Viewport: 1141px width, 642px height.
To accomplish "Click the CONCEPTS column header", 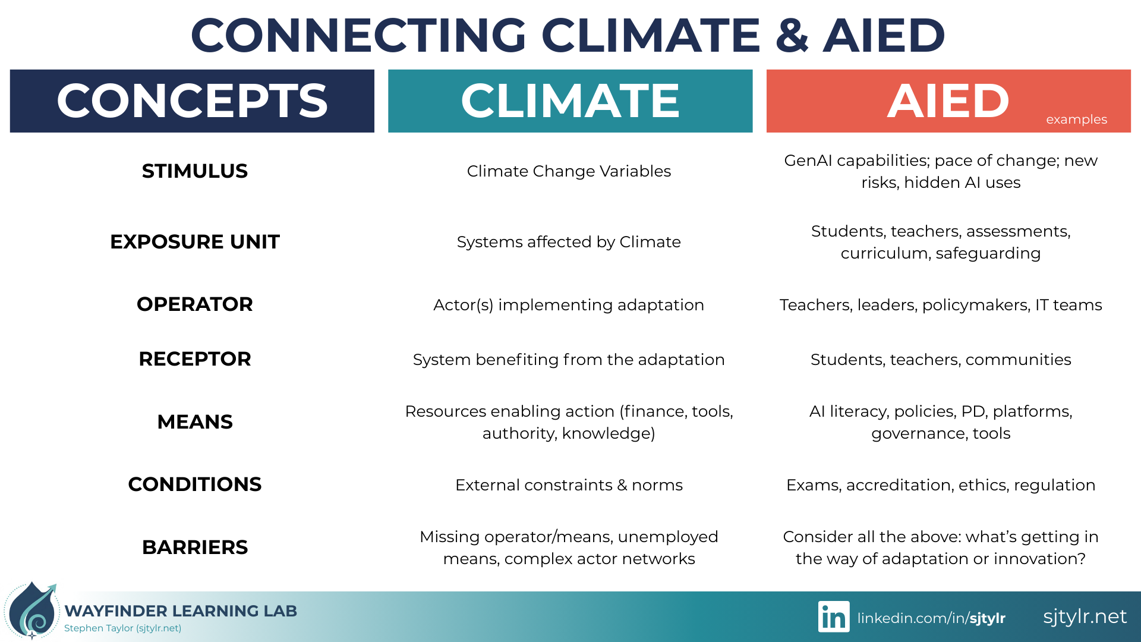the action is click(192, 100).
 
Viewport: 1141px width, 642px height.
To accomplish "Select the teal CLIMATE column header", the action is click(570, 100).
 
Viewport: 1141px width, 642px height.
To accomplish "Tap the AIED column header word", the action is click(948, 100).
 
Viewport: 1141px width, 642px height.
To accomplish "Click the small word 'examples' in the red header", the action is click(1076, 119).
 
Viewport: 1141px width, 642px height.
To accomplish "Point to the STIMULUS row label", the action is click(195, 171).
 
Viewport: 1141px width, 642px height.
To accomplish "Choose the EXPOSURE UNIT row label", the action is click(195, 242).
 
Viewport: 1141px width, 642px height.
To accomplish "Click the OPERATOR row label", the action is click(195, 304).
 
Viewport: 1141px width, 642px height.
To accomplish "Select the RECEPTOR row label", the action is click(195, 359).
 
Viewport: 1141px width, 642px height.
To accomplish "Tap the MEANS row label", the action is click(195, 422).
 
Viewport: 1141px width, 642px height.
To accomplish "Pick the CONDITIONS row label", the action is click(195, 484).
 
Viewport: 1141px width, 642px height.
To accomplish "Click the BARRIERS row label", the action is click(195, 547).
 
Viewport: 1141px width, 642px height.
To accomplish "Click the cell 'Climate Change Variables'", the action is click(569, 171).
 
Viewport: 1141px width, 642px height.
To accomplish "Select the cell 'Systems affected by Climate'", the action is click(569, 242).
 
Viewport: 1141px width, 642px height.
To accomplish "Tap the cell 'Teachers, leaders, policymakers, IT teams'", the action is click(941, 305).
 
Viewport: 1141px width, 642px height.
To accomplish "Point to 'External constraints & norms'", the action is click(569, 485).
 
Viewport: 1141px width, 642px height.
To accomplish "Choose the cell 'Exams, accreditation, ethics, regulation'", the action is click(941, 485).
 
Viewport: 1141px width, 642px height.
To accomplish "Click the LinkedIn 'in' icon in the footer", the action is click(834, 617).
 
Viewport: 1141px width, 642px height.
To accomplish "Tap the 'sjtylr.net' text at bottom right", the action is click(1085, 616).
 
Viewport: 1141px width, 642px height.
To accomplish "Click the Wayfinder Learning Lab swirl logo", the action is click(32, 611).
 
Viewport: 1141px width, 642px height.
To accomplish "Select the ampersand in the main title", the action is click(792, 35).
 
